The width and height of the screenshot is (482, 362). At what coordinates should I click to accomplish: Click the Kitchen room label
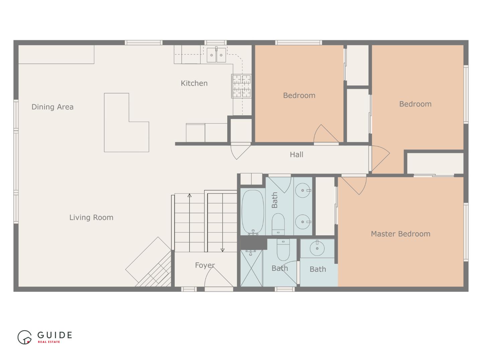(x=194, y=83)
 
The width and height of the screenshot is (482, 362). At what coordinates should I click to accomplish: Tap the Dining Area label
(x=53, y=107)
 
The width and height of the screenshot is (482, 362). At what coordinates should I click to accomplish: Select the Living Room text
(x=91, y=218)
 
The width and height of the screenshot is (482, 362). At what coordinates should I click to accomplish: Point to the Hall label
(x=297, y=155)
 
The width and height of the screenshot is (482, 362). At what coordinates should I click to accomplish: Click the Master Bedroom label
(x=401, y=234)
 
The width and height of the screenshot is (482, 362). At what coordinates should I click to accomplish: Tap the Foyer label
(x=205, y=265)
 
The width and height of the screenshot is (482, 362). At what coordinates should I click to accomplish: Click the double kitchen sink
(x=216, y=55)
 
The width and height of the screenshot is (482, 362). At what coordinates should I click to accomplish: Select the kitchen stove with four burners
(x=241, y=86)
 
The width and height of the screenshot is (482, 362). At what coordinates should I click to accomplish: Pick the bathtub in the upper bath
(x=253, y=212)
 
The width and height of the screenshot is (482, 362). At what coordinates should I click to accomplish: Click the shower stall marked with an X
(x=251, y=268)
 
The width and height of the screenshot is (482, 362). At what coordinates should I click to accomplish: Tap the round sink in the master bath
(x=317, y=249)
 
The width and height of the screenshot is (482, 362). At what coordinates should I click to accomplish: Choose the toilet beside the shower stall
(x=283, y=250)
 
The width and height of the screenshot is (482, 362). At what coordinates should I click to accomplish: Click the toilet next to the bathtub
(x=278, y=224)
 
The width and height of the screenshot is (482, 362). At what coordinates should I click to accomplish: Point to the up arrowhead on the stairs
(x=189, y=195)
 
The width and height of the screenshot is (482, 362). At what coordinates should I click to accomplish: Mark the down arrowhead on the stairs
(x=223, y=250)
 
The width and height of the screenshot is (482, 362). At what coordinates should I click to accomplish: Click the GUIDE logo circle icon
(x=24, y=337)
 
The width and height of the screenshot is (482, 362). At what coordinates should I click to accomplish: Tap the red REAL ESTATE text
(x=49, y=342)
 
